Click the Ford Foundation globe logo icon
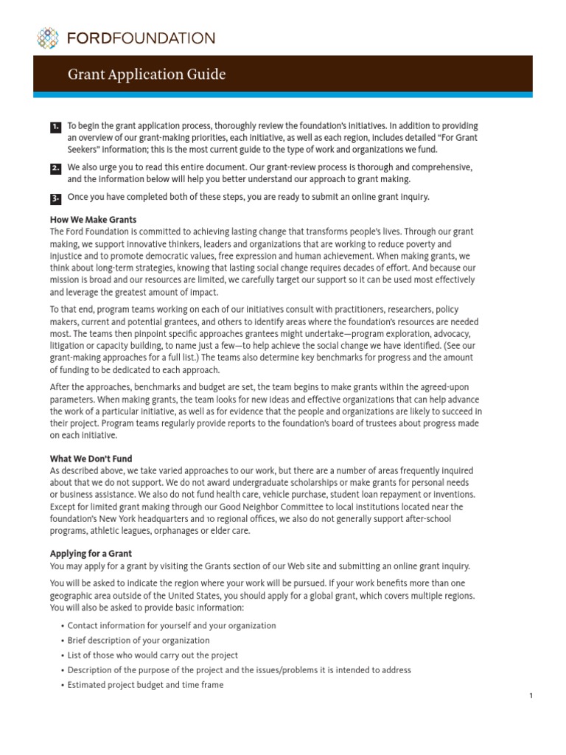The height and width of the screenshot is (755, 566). (47, 38)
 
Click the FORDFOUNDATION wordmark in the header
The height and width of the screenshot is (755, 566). (139, 38)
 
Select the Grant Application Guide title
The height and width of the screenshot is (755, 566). (147, 74)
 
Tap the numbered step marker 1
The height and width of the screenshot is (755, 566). (56, 128)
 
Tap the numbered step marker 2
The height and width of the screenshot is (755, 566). (56, 169)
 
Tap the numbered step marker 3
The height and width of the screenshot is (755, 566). (56, 198)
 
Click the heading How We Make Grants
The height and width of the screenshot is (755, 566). (93, 220)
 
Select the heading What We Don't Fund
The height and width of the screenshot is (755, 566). (91, 459)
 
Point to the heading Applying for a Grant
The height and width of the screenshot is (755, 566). (91, 553)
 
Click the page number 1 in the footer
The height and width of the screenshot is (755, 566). (531, 696)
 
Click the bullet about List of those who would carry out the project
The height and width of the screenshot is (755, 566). (153, 655)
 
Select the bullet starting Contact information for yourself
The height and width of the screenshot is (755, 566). (171, 625)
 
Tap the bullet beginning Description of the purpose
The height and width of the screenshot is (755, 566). (239, 669)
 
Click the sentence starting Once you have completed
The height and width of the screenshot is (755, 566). (248, 197)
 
